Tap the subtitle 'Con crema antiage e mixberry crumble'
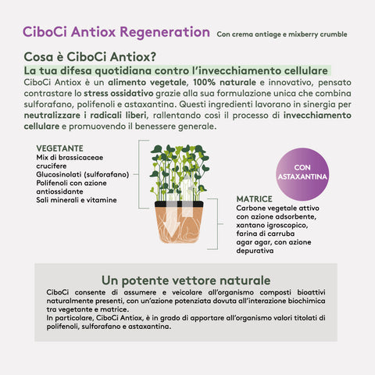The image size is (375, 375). point(282,35)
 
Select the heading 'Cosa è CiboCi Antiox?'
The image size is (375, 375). point(90,58)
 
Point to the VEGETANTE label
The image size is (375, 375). point(61,148)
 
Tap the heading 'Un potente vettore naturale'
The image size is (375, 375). point(186,280)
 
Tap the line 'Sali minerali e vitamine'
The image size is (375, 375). point(76,200)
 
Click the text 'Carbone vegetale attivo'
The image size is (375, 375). point(277,209)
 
